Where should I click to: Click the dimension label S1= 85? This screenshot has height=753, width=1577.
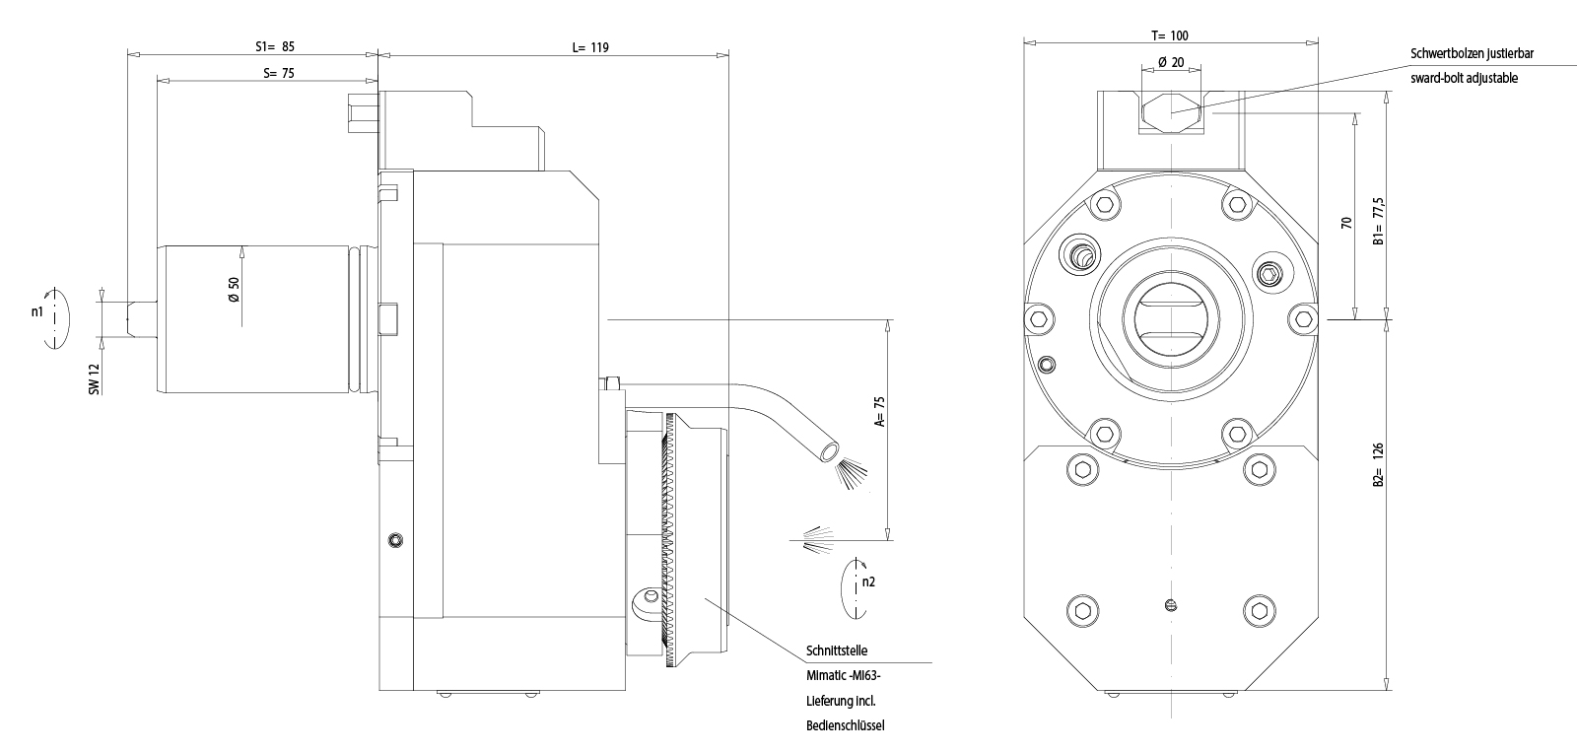[x=275, y=46]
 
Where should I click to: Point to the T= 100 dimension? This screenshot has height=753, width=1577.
[x=1170, y=35]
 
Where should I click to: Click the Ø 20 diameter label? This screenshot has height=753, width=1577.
[x=1171, y=61]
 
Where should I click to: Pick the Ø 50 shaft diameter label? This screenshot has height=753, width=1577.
[x=234, y=288]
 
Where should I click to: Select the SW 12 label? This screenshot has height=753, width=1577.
[x=96, y=378]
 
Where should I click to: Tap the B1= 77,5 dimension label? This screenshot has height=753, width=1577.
[x=1380, y=222]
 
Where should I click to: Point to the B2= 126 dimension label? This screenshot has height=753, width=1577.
[x=1380, y=465]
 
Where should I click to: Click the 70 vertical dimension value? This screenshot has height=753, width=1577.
[x=1345, y=223]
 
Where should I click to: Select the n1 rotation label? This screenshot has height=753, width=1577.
[x=36, y=311]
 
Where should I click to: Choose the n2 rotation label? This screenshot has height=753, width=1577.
[x=868, y=582]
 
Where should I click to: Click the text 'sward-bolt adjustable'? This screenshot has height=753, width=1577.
[x=1465, y=78]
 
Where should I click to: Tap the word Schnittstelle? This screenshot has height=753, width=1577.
[x=837, y=651]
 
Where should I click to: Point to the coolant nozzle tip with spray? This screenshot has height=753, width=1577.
[x=828, y=451]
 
